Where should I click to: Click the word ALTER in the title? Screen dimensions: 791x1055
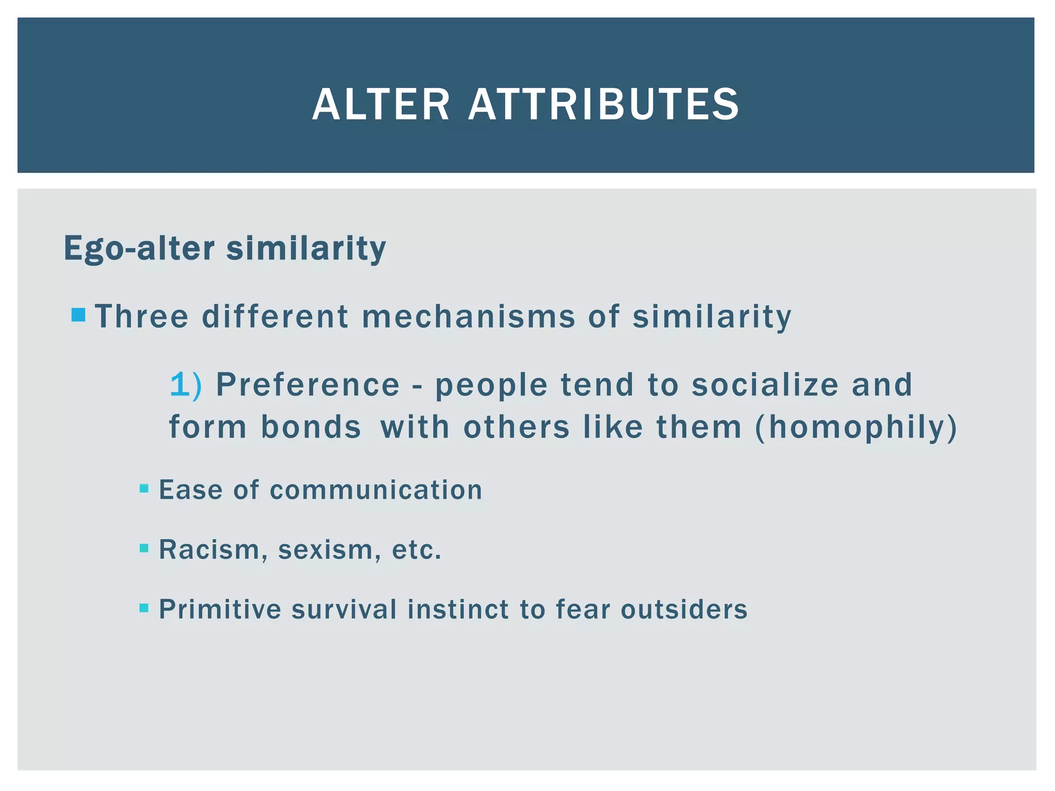pos(381,105)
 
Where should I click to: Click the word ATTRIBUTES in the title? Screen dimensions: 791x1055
pos(604,105)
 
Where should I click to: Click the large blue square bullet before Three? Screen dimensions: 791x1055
pos(78,315)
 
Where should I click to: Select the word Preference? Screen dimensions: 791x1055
pos(308,385)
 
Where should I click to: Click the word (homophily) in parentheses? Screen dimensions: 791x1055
pos(856,427)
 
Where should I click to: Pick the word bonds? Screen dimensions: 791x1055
pos(311,427)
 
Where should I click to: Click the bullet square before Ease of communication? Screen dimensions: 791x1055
pos(144,488)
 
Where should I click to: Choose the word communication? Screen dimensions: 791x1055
pos(376,490)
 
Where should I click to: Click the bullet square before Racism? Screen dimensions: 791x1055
pos(144,548)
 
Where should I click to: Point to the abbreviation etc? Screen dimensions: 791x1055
pos(416,549)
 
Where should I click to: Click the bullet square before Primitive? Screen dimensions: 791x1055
pos(144,608)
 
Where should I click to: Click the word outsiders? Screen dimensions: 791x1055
pos(684,609)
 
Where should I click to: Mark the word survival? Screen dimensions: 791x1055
pos(344,609)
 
